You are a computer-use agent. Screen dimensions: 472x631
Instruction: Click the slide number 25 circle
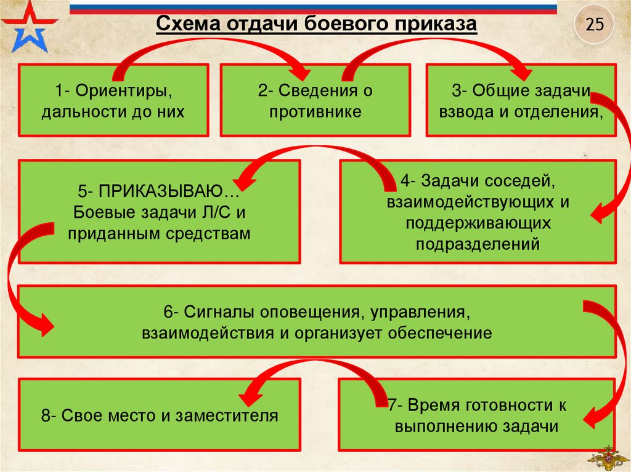(x=595, y=25)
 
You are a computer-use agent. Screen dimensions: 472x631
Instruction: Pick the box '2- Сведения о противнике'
(x=315, y=101)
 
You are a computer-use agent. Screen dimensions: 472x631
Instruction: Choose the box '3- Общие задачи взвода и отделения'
(x=521, y=101)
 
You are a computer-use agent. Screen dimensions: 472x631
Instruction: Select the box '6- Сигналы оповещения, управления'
(x=317, y=322)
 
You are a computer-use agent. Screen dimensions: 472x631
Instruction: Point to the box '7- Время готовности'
(x=477, y=417)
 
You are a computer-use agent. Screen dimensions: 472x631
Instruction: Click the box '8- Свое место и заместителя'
(x=160, y=416)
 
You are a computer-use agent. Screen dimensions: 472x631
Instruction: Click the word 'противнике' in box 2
(x=315, y=112)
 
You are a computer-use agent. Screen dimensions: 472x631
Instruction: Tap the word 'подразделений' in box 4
(x=477, y=244)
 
